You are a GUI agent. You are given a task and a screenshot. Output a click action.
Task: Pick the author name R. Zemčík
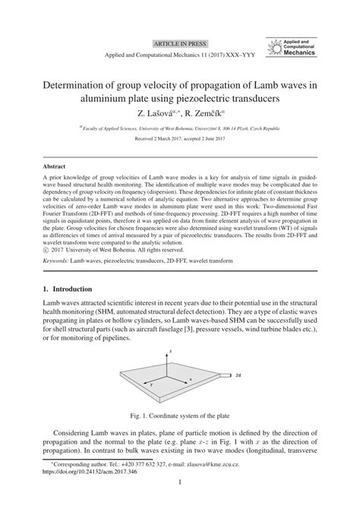[x=201, y=113]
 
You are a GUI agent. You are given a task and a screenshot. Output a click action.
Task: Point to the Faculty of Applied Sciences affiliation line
[x=179, y=130]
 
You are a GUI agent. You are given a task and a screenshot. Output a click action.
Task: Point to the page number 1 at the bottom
[x=180, y=503]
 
